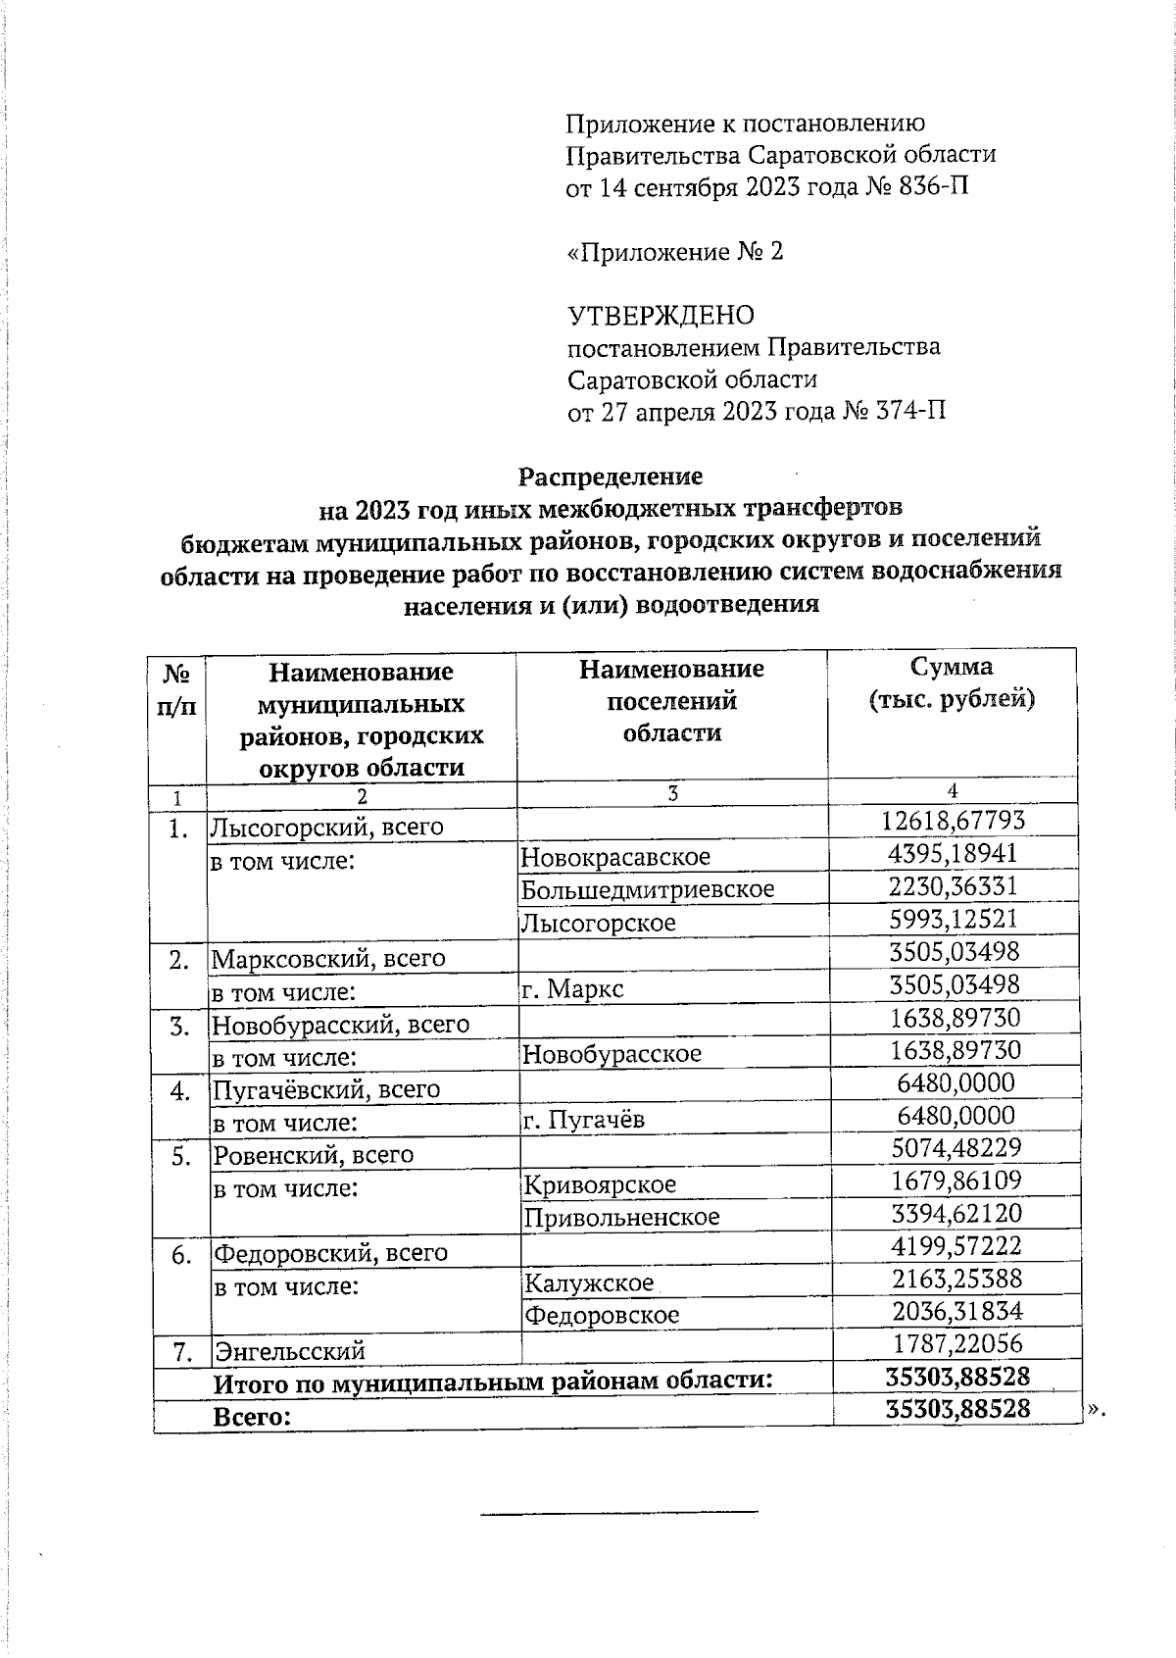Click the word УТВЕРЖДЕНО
[x=661, y=316]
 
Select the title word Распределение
[x=610, y=477]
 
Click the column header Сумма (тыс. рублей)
[x=952, y=683]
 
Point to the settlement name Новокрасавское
[x=615, y=857]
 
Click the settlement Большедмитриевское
[x=648, y=889]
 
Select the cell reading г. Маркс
[x=572, y=988]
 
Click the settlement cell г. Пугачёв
[x=583, y=1120]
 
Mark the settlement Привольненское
[x=621, y=1218]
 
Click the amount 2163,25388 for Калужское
[x=956, y=1279]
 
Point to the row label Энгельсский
[x=289, y=1351]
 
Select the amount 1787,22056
[x=956, y=1344]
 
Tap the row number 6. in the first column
[x=180, y=1255]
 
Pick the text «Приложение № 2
[x=675, y=252]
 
